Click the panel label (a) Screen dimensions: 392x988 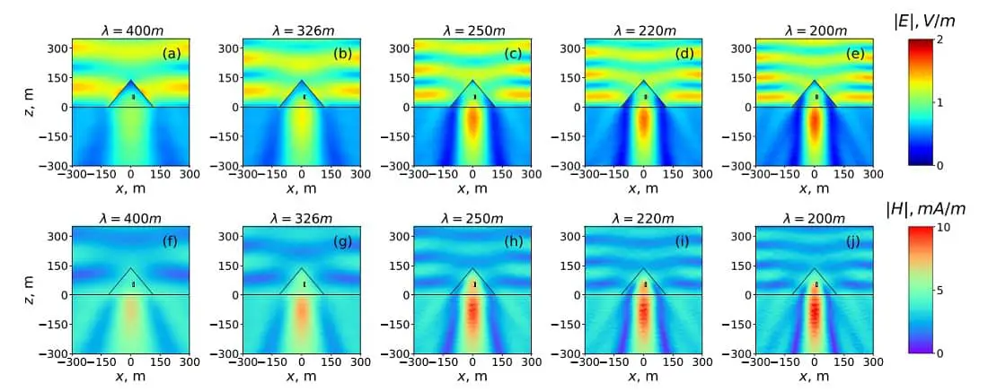pyautogui.click(x=171, y=54)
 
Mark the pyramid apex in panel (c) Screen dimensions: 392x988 pyautogui.click(x=473, y=81)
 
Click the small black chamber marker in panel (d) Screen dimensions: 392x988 pyautogui.click(x=645, y=97)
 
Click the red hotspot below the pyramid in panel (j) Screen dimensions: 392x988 pyautogui.click(x=815, y=309)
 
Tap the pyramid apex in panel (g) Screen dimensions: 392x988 pyautogui.click(x=303, y=268)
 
